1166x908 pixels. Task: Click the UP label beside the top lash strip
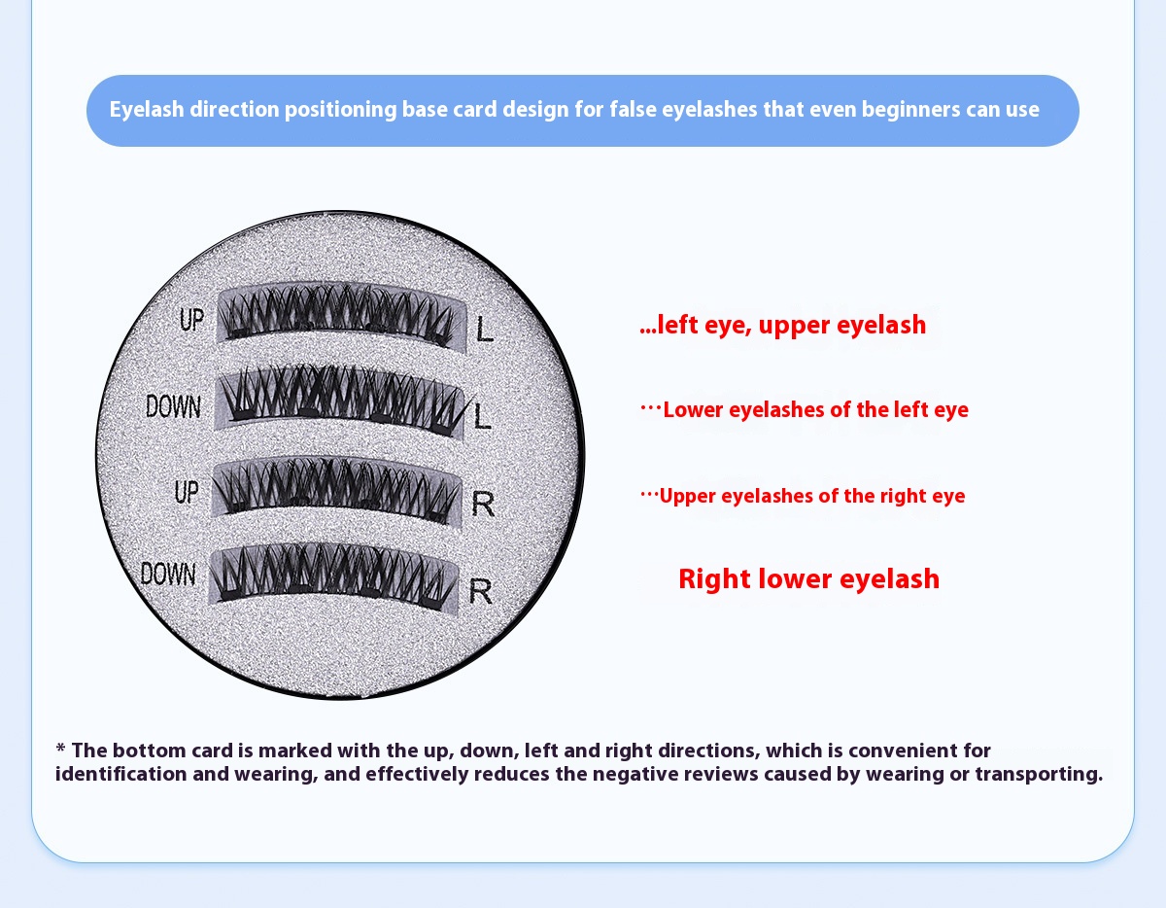[x=191, y=319]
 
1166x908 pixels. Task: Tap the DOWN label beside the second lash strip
[x=173, y=406]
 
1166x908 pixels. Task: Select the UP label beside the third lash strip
[x=187, y=492]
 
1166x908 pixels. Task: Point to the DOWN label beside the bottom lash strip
[x=168, y=574]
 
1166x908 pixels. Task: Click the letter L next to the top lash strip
[x=485, y=329]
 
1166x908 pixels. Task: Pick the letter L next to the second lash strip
[x=482, y=416]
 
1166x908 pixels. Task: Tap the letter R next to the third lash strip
[x=483, y=504]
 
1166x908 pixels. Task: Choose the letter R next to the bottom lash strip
[x=480, y=591]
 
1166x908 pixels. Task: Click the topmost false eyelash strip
[x=341, y=317]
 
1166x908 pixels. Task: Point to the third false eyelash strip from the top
[x=336, y=491]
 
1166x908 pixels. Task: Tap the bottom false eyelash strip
[x=333, y=576]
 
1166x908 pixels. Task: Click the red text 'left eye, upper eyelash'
[x=792, y=325]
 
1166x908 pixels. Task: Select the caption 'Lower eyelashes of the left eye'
[x=815, y=409]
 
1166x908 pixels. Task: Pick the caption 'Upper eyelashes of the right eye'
[x=812, y=496]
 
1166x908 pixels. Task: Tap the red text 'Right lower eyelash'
[x=808, y=579]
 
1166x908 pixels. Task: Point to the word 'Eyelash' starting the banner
[x=147, y=110]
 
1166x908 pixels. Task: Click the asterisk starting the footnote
[x=60, y=748]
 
